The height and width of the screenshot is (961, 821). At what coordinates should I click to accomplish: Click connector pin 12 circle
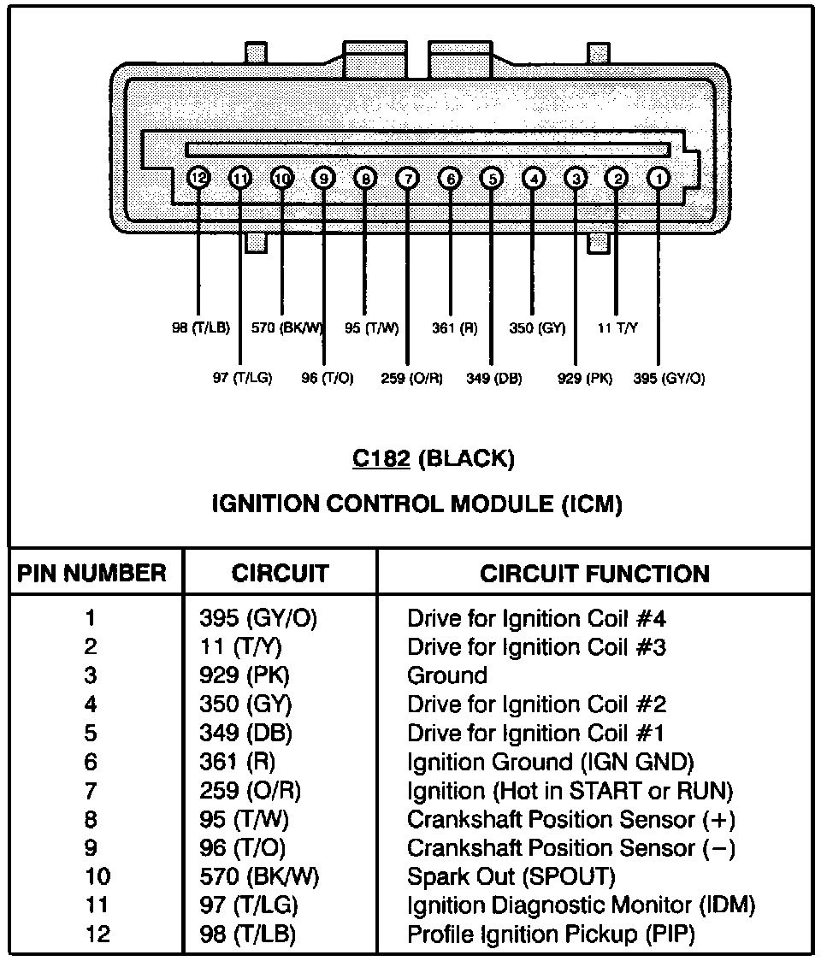(x=198, y=178)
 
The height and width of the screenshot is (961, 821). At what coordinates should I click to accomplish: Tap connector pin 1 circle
(x=659, y=178)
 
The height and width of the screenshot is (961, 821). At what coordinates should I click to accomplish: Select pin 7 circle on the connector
(x=408, y=178)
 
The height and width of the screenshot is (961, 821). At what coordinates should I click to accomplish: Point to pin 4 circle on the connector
(x=533, y=178)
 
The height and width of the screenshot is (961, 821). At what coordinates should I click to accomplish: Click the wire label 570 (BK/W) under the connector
(x=288, y=327)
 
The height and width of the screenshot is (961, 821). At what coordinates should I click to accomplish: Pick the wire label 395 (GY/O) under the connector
(x=669, y=378)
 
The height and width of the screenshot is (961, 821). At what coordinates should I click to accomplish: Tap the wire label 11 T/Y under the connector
(x=617, y=327)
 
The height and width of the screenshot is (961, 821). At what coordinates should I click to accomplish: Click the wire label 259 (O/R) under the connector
(x=411, y=378)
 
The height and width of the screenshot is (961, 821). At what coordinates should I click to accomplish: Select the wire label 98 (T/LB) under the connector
(x=199, y=327)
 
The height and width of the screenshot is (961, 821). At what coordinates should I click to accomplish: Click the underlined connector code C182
(x=382, y=459)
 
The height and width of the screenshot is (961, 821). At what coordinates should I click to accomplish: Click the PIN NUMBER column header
(x=92, y=573)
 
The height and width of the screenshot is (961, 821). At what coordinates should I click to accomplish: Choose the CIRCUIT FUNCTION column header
(x=594, y=573)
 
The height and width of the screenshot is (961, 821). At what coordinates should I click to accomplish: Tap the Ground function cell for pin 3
(x=446, y=675)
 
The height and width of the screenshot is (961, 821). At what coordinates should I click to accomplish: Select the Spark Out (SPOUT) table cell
(x=511, y=876)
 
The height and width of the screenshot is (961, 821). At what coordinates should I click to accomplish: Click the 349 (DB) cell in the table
(x=245, y=733)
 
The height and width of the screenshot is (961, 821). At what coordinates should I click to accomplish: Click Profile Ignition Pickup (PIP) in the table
(x=551, y=934)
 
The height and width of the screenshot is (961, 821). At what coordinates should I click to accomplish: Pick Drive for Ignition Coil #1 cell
(x=536, y=733)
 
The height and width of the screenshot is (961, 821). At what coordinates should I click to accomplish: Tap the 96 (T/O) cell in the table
(x=242, y=847)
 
